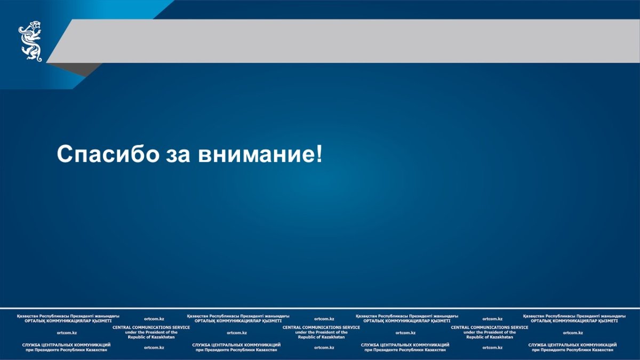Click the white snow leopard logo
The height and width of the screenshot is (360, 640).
(30, 41)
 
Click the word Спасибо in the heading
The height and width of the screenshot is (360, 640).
(108, 154)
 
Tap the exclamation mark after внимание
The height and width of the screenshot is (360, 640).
(319, 154)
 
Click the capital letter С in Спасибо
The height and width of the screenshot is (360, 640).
(65, 154)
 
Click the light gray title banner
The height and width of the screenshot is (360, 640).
(343, 41)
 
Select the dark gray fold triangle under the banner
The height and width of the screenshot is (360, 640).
(75, 69)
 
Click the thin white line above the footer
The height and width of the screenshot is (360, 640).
(320, 309)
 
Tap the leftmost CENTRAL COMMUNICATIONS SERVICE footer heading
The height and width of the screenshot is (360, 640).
(151, 327)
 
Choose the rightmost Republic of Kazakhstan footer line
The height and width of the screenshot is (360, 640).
(490, 337)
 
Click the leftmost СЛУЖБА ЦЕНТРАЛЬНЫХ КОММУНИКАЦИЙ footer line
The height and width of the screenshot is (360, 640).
(66, 345)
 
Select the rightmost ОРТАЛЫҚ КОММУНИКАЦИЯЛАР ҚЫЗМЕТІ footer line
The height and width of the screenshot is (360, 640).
(574, 321)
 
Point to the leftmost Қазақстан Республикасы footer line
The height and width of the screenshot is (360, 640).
(68, 316)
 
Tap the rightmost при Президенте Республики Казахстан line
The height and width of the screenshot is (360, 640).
(573, 350)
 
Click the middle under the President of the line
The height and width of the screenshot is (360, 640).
(322, 332)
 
